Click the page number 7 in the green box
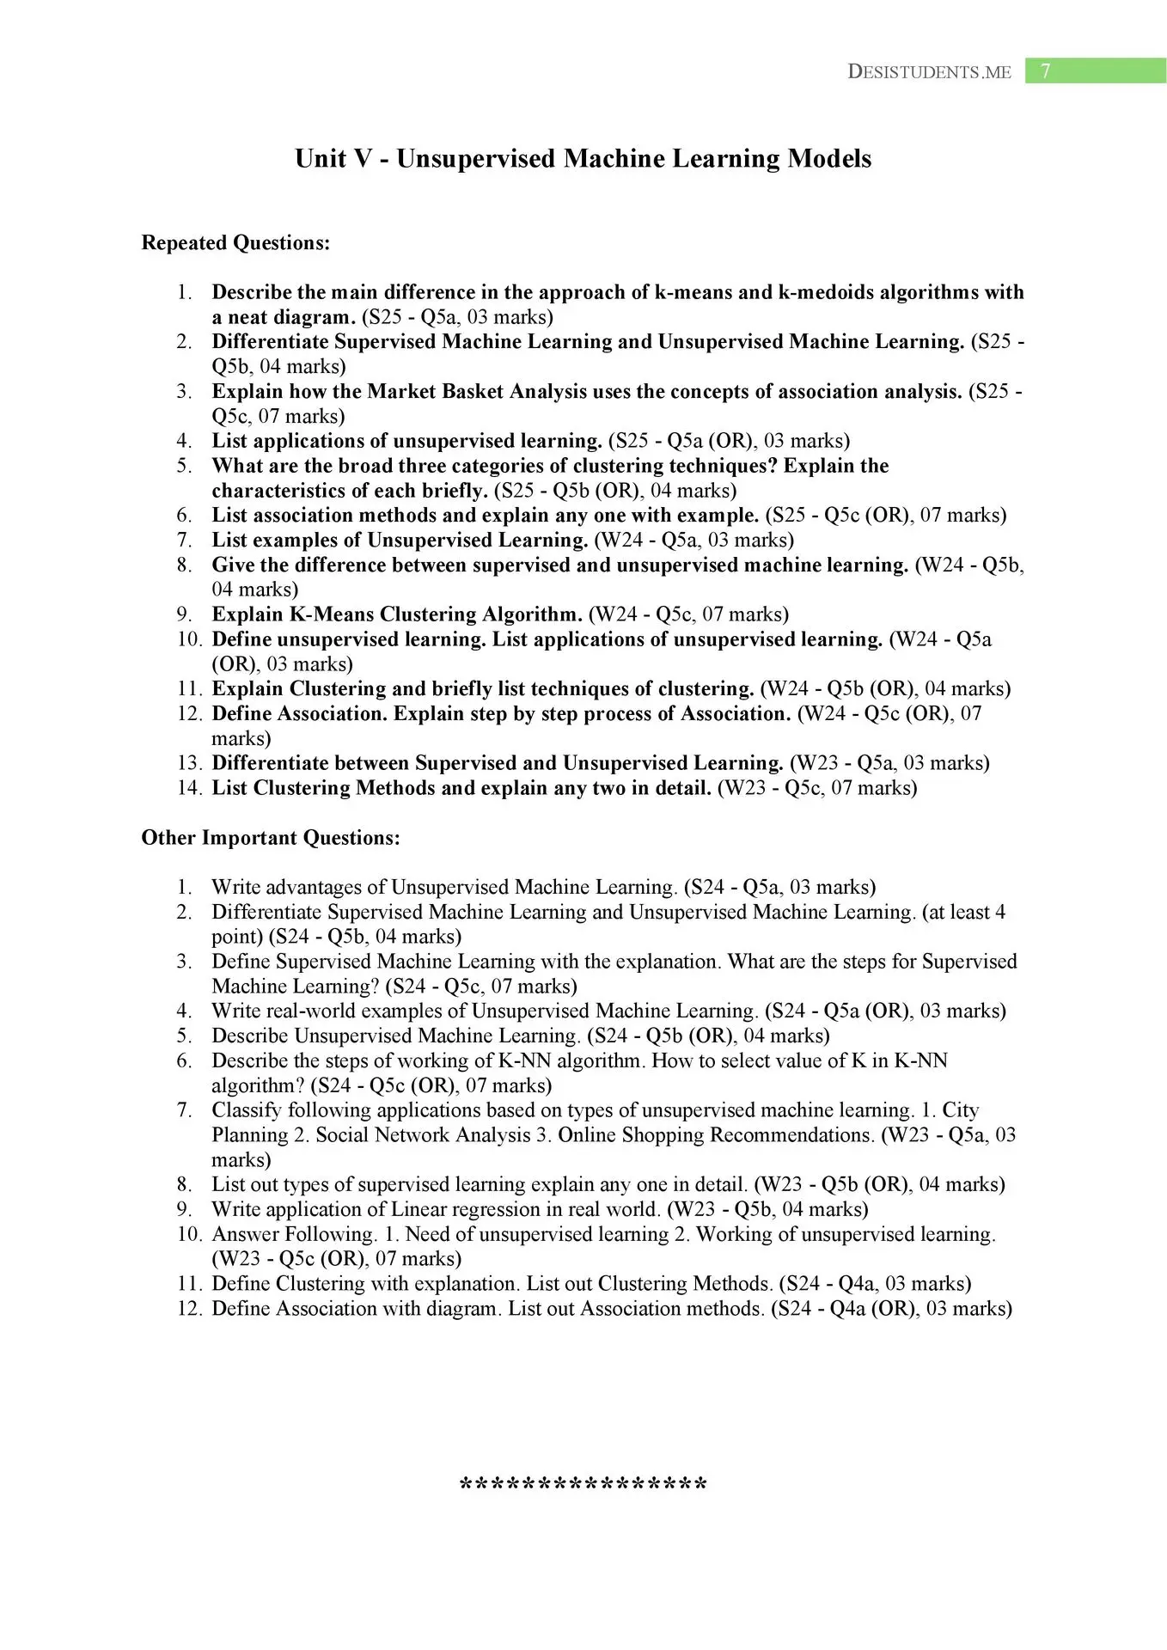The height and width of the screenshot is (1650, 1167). pyautogui.click(x=1045, y=71)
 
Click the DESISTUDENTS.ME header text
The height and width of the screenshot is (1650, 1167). pyautogui.click(x=929, y=72)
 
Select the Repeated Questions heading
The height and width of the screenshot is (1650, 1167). pyautogui.click(x=235, y=243)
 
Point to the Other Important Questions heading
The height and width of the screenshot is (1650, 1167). pyautogui.click(x=271, y=838)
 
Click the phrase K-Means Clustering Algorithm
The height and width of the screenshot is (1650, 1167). pyautogui.click(x=435, y=614)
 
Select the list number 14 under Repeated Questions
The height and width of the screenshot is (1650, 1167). pyautogui.click(x=189, y=788)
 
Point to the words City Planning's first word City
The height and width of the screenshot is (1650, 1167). pyautogui.click(x=961, y=1110)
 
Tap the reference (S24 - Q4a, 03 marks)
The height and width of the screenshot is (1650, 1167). pyautogui.click(x=875, y=1284)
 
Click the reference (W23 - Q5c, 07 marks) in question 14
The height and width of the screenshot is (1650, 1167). pyautogui.click(x=817, y=788)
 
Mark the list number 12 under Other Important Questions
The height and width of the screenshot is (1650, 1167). pyautogui.click(x=189, y=1309)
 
